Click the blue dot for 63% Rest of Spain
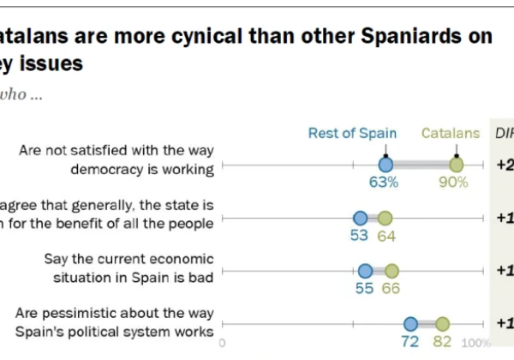[x=385, y=165]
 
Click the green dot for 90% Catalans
[x=457, y=165]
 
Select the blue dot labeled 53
[x=360, y=219]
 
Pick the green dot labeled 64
[x=385, y=219]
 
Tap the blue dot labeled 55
[x=365, y=271]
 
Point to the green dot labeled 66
[x=391, y=271]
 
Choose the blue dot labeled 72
[x=410, y=324]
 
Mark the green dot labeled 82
[x=442, y=324]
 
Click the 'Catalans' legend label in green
[x=450, y=133]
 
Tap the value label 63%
[x=385, y=182]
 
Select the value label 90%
[x=456, y=182]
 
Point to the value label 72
[x=410, y=341]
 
